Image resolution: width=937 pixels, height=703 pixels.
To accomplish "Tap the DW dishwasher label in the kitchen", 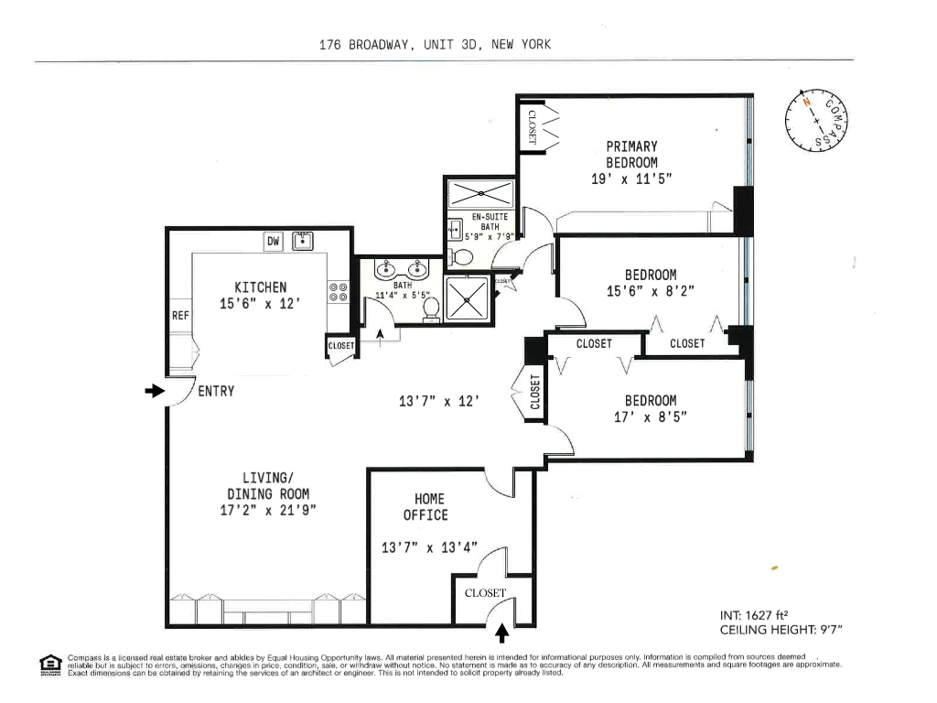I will pyautogui.click(x=273, y=242).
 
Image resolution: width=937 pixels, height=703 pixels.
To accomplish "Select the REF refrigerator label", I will pyautogui.click(x=180, y=316).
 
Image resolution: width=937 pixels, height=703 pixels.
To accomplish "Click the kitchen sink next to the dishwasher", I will pyautogui.click(x=302, y=242).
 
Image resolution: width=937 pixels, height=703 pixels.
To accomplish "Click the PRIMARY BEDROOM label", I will pyautogui.click(x=631, y=154).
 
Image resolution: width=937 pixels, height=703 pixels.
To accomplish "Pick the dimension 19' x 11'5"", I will pyautogui.click(x=631, y=179).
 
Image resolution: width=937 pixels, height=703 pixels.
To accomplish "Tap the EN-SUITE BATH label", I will pyautogui.click(x=490, y=222).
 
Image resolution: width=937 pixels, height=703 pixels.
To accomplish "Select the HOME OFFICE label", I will pyautogui.click(x=429, y=506).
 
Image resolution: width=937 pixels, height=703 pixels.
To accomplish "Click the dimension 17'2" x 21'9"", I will pyautogui.click(x=268, y=511).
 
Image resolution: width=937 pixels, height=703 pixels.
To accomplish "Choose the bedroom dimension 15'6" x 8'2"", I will pyautogui.click(x=651, y=291).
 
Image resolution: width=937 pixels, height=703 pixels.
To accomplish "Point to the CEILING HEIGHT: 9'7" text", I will pyautogui.click(x=781, y=630).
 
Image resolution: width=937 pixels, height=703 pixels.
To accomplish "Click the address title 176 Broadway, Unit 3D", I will pyautogui.click(x=435, y=44).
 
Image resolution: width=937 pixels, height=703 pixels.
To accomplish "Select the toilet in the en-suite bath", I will pyautogui.click(x=462, y=257).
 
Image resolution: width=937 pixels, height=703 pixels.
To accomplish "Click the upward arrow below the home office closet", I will pyautogui.click(x=501, y=632).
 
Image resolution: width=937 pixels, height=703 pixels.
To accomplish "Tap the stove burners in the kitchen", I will pyautogui.click(x=339, y=292).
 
